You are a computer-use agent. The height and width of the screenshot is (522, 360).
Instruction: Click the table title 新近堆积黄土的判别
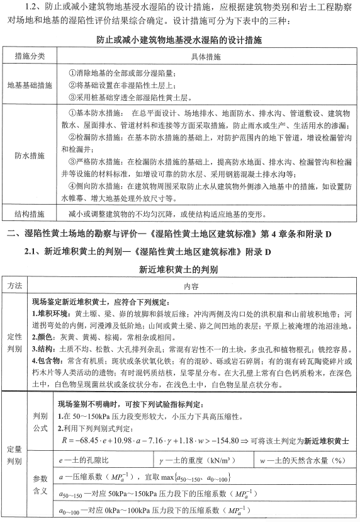point(179,270)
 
